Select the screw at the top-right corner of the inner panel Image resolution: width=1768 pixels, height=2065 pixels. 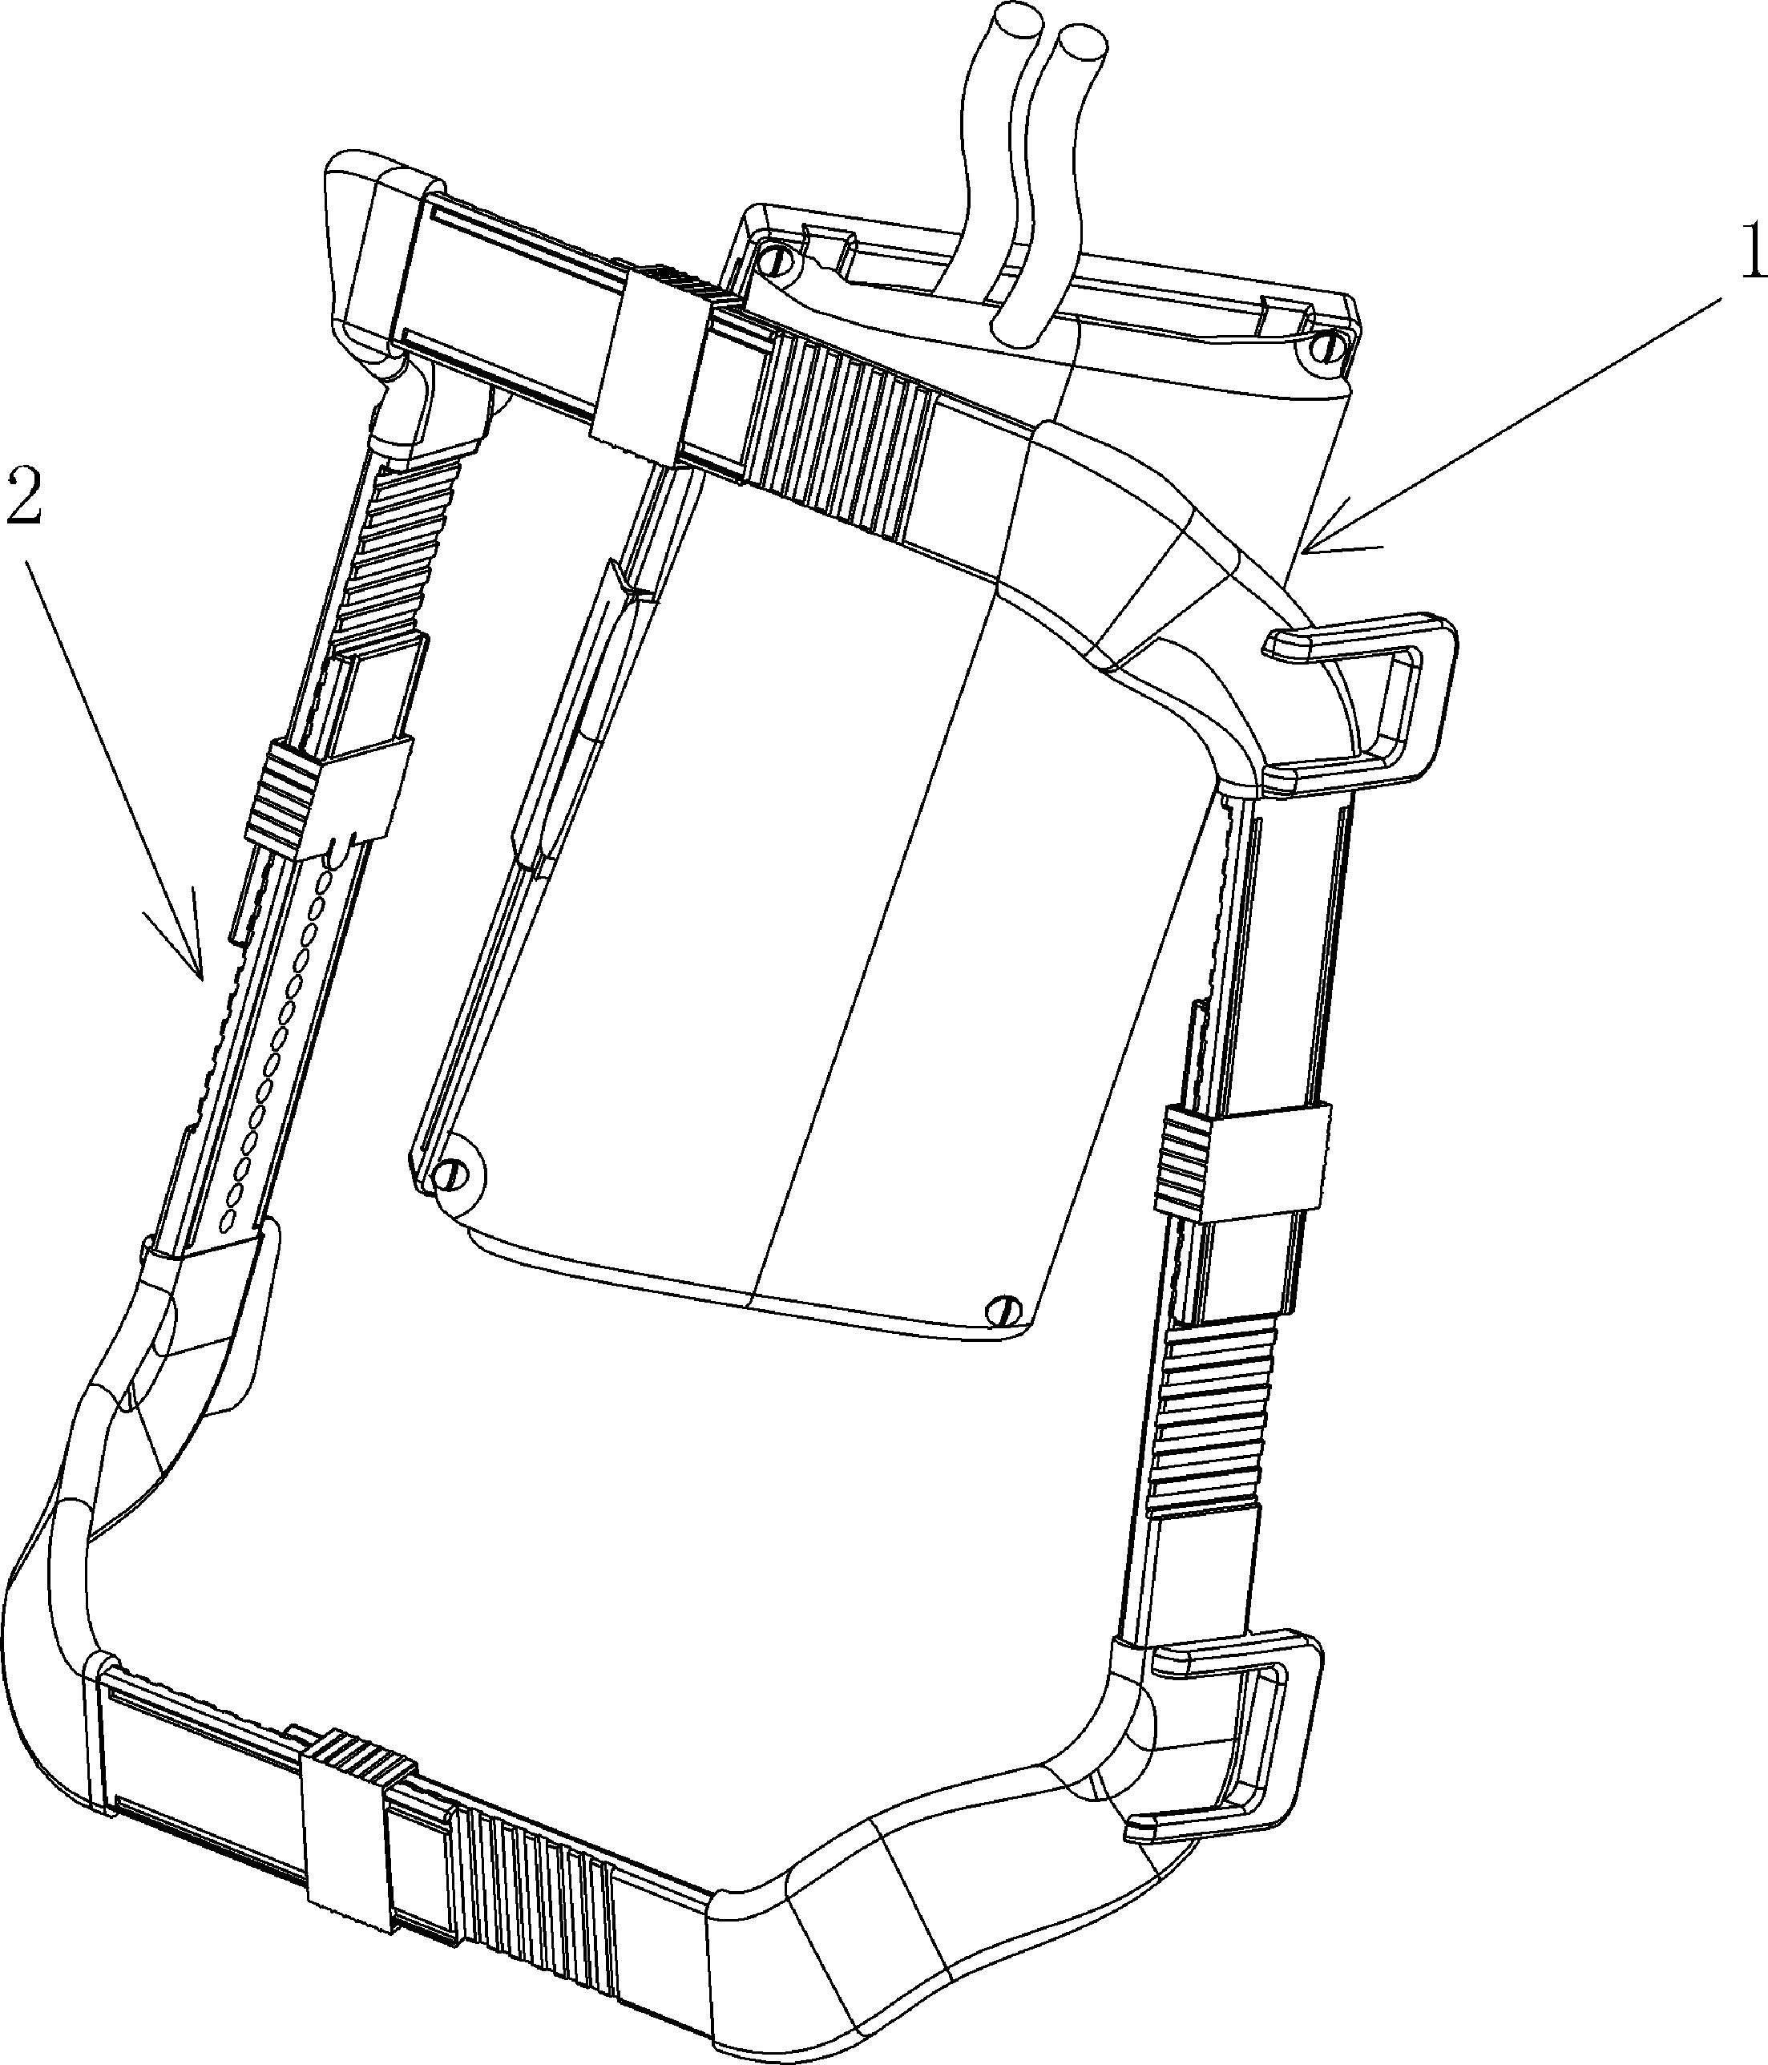coord(1325,348)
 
